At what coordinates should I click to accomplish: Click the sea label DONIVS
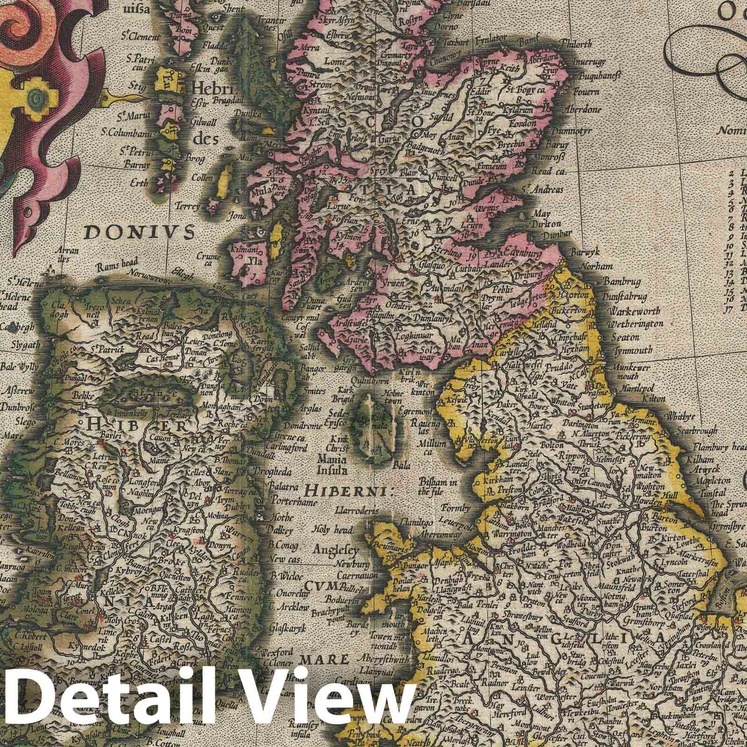pos(140,231)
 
